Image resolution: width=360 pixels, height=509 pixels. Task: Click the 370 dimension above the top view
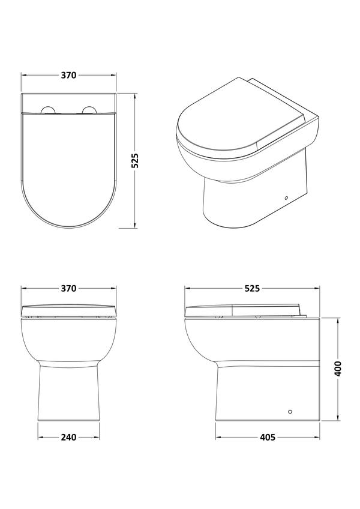[68, 75]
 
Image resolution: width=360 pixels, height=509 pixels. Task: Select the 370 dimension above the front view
[68, 288]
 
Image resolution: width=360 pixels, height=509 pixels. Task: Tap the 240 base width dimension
[68, 438]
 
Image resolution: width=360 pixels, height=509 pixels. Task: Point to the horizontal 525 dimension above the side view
[252, 288]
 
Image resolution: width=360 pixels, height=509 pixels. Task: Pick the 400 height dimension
[338, 369]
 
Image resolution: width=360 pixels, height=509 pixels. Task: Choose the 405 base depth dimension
[268, 438]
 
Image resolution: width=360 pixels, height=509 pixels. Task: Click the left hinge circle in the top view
[48, 110]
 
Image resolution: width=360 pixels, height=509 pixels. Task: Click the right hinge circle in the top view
[89, 110]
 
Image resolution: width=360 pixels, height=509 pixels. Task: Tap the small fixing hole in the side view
[290, 412]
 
